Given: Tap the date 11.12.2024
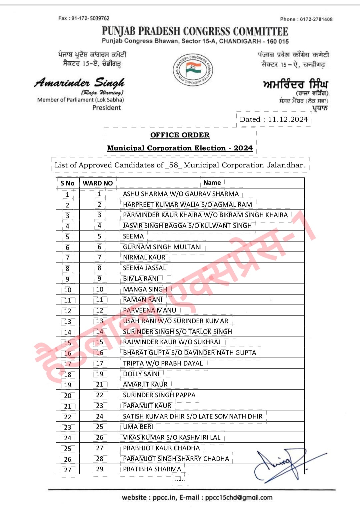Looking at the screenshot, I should pos(288,119).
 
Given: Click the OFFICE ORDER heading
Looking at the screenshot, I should pos(180,135).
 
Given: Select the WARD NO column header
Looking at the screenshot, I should pos(98,183).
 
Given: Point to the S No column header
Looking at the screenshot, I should pos(67,183).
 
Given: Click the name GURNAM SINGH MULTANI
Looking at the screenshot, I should pos(162,247).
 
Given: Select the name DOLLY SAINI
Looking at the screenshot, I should pos(141,374).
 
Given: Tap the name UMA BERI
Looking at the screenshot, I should pos(138,427).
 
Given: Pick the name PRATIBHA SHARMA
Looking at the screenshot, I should pos(152,469).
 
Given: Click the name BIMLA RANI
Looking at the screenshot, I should pos(141,279).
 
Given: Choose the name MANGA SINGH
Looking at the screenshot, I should pos(145,289).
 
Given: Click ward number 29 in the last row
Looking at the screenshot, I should pos(100,469).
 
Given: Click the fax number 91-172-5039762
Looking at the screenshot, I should pos(90,18).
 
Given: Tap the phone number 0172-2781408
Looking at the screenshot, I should pos(316,19).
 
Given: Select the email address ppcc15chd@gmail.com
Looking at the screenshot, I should pos(239,497).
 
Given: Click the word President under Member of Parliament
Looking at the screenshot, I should pos(107,108).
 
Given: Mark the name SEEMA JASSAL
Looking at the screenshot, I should pos(144,268).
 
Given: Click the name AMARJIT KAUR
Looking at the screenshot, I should pos(145,384).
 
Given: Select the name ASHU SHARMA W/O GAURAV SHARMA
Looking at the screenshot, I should pos(181,194).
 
